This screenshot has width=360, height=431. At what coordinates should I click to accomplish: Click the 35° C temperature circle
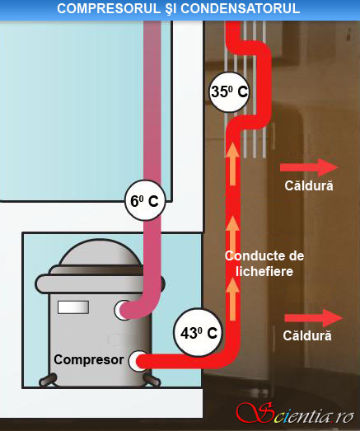tap(229, 91)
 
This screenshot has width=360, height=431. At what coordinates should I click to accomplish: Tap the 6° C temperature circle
tap(145, 200)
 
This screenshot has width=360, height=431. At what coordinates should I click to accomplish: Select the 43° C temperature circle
tap(199, 332)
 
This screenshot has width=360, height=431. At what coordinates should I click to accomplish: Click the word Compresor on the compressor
tap(88, 360)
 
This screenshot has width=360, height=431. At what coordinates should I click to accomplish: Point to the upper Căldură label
tap(309, 185)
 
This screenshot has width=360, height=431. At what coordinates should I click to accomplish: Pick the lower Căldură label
tap(307, 335)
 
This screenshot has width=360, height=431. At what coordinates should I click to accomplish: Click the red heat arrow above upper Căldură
tap(309, 167)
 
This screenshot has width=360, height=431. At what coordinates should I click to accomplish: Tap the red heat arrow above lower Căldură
tap(313, 318)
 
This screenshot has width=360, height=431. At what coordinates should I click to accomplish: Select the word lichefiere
tap(264, 272)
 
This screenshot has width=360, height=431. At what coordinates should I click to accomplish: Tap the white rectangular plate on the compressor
tap(73, 307)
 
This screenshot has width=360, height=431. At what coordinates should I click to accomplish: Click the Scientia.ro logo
tap(295, 414)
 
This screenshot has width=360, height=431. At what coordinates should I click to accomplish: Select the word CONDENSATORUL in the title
tap(240, 9)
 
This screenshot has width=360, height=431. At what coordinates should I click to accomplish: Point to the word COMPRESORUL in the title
tap(109, 9)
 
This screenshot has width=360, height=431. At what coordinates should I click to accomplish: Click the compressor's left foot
tap(48, 380)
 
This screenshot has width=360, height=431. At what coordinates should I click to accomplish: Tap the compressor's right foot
tap(151, 380)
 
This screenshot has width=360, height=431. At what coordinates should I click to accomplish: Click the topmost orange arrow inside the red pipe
tap(232, 163)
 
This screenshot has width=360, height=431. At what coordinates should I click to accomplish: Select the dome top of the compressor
tap(101, 253)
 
